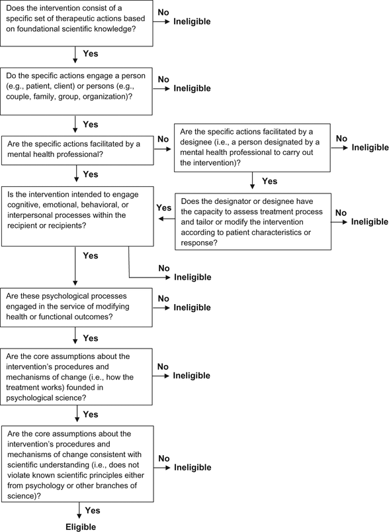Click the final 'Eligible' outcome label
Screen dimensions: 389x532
81,527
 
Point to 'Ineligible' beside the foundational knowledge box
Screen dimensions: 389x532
192,21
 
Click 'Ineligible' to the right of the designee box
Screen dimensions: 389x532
370,147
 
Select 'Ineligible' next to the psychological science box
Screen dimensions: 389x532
191,376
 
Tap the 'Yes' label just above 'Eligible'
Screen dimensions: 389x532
93,510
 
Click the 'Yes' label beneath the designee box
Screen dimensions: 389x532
269,181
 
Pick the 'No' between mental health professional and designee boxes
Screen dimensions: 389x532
163,139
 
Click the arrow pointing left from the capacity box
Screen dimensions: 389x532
167,219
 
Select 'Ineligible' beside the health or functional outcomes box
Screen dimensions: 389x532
192,307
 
